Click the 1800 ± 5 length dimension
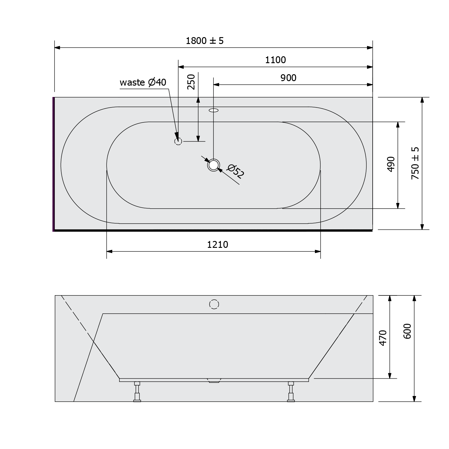pos(205,41)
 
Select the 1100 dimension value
pos(275,60)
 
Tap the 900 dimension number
pos(288,78)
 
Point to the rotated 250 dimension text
pos(191,82)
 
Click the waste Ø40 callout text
pos(143,82)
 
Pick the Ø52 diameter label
pos(236,172)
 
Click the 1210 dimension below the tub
pos(218,245)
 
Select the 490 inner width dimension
pos(391,164)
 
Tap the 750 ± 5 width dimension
pos(415,163)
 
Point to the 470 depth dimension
pos(383,338)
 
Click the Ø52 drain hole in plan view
pos(214,165)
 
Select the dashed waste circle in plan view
pos(178,141)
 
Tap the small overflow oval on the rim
pos(213,110)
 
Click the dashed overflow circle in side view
pos(214,304)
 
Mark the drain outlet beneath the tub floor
pos(214,381)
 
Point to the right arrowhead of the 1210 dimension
pos(318,251)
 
